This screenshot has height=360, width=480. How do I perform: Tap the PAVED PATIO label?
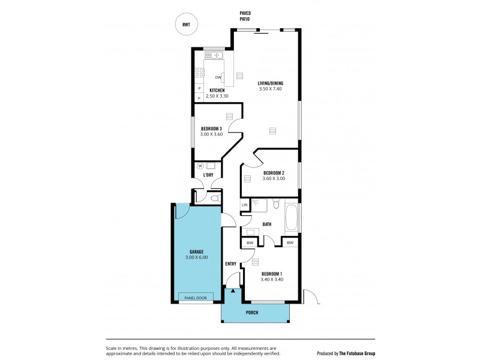(245, 16)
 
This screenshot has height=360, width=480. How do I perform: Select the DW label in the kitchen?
(218, 77)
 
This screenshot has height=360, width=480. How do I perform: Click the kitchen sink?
(214, 56)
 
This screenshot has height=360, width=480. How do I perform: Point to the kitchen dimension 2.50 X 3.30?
(217, 96)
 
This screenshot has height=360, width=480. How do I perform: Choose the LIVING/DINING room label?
(270, 83)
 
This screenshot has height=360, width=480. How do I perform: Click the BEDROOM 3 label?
(212, 128)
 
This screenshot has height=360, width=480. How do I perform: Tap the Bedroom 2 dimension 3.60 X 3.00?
(274, 178)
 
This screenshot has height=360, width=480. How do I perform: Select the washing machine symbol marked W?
(200, 166)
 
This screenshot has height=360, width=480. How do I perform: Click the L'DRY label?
(208, 175)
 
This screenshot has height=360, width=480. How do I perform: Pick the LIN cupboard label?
(244, 205)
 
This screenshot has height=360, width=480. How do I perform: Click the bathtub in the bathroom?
(292, 217)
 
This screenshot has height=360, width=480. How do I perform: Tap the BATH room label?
(266, 224)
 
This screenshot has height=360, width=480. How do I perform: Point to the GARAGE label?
(196, 251)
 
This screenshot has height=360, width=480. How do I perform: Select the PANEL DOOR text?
(196, 298)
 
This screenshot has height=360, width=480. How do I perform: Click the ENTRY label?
(230, 263)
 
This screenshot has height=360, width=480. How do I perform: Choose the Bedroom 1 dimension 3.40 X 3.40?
(271, 279)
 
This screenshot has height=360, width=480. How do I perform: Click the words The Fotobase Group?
(357, 353)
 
